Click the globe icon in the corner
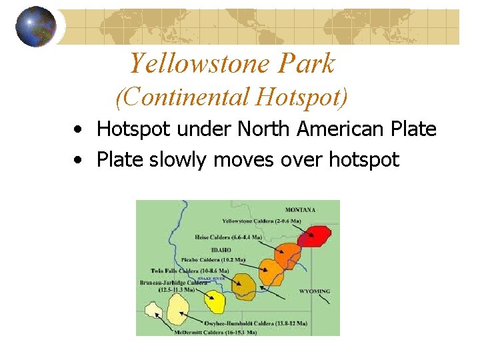point(35,27)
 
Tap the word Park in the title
point(309,64)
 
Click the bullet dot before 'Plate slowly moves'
point(79,161)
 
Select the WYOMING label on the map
point(314,291)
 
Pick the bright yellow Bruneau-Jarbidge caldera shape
point(215,301)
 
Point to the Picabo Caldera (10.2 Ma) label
point(213,259)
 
